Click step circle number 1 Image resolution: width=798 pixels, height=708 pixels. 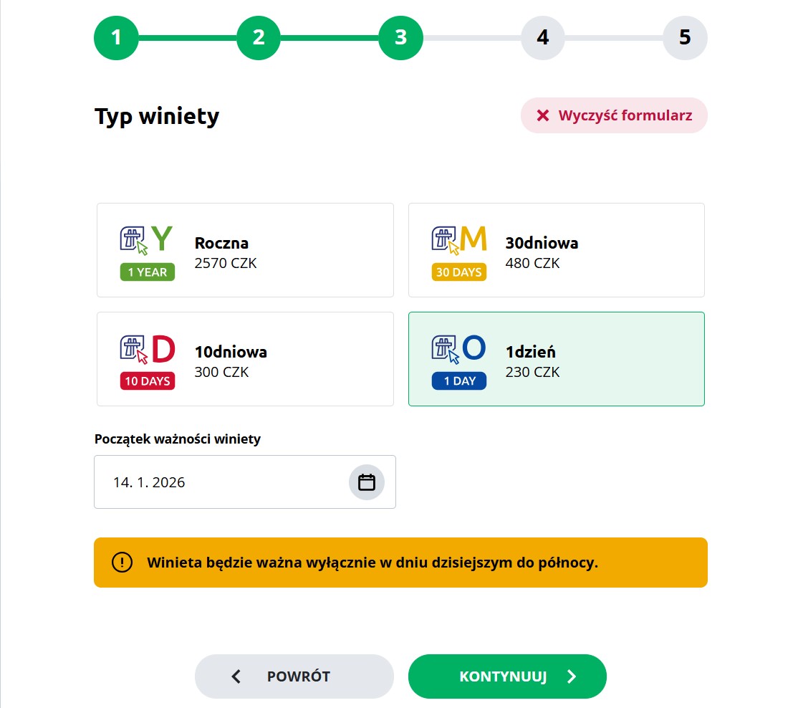pyautogui.click(x=116, y=38)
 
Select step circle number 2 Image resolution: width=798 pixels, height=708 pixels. pyautogui.click(x=259, y=38)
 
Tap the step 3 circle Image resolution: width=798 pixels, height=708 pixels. pyautogui.click(x=400, y=38)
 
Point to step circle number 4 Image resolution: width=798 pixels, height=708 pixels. pyautogui.click(x=543, y=38)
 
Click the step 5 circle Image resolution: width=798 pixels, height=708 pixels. pyautogui.click(x=685, y=38)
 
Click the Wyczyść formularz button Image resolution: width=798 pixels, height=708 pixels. pyautogui.click(x=614, y=115)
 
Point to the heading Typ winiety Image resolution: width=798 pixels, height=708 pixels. pyautogui.click(x=157, y=116)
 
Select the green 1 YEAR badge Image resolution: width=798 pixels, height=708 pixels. pyautogui.click(x=148, y=272)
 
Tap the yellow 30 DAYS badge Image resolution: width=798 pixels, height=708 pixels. pyautogui.click(x=458, y=272)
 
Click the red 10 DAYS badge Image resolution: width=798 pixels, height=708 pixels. pyautogui.click(x=148, y=381)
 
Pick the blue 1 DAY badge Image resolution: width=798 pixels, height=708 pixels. pyautogui.click(x=458, y=381)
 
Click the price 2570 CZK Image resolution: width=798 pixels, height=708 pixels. pyautogui.click(x=226, y=263)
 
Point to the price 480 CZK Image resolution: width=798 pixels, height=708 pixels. pyautogui.click(x=532, y=263)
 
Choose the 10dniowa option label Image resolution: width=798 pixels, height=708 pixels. pyautogui.click(x=231, y=352)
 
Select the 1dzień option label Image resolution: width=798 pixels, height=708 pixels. pyautogui.click(x=530, y=352)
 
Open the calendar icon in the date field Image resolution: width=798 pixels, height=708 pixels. pyautogui.click(x=367, y=482)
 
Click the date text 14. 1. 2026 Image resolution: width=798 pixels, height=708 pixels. pyautogui.click(x=149, y=482)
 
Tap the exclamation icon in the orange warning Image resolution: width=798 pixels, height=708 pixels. pyautogui.click(x=122, y=563)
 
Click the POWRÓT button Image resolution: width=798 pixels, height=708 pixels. pyautogui.click(x=294, y=676)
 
